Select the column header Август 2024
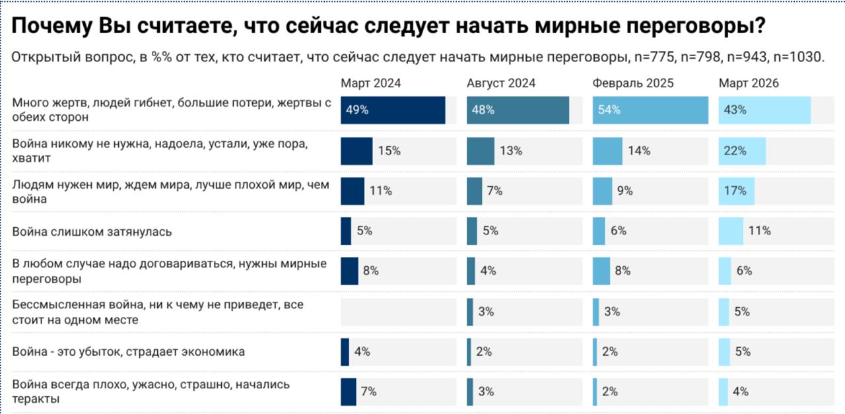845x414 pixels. [x=500, y=83]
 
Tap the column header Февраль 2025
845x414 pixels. [x=633, y=83]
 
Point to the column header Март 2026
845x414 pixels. [x=749, y=83]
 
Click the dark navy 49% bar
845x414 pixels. [x=393, y=110]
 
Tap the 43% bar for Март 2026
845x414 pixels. [x=764, y=110]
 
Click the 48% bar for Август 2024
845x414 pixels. [x=518, y=110]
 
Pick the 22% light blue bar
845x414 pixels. [x=742, y=151]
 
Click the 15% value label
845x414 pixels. [x=389, y=151]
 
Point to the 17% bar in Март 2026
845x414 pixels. [x=736, y=191]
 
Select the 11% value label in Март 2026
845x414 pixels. [x=760, y=231]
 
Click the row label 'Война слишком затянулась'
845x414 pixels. [x=92, y=232]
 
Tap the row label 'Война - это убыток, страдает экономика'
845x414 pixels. [x=129, y=351]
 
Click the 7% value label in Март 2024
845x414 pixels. [x=368, y=392]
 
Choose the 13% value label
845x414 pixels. [x=511, y=151]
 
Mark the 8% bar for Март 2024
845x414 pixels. [x=349, y=271]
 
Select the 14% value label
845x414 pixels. [x=639, y=151]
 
